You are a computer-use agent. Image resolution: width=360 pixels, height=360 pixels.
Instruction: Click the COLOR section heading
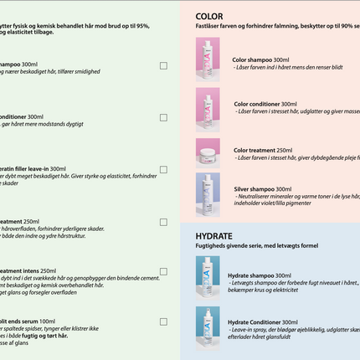tap(209, 16)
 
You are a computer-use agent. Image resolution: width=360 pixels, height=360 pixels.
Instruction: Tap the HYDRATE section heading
tap(213, 236)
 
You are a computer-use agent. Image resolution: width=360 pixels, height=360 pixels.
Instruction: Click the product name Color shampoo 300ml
tap(260, 60)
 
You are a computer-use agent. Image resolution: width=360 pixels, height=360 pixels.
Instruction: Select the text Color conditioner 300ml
tap(265, 104)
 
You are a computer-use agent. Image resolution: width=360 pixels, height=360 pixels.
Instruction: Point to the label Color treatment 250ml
tap(263, 149)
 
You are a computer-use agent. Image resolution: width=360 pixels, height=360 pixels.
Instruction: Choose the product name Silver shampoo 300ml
tap(262, 189)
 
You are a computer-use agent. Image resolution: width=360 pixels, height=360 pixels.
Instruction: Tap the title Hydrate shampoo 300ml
tap(260, 275)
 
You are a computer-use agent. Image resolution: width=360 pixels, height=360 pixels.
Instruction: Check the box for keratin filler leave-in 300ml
tap(163, 169)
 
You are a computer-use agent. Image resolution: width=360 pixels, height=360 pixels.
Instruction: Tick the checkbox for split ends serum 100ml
tap(163, 321)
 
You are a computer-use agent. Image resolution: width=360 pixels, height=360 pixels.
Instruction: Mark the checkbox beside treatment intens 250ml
tap(163, 271)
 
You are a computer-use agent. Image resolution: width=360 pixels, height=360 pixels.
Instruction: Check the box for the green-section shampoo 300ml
tap(163, 65)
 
